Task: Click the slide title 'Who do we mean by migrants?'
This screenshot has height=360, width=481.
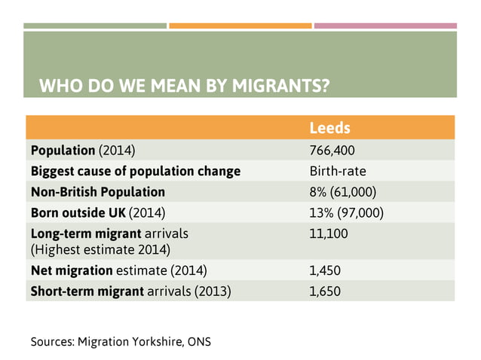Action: [184, 84]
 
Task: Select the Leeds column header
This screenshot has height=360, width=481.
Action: [329, 127]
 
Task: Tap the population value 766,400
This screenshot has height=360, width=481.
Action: [332, 150]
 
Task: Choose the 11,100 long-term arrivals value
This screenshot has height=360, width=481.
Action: [329, 234]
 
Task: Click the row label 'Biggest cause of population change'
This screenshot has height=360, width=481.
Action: [135, 171]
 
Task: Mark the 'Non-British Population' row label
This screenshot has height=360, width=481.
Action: [97, 192]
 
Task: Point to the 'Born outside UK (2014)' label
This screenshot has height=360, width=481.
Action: [97, 213]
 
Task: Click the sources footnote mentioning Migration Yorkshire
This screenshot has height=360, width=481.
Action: [121, 341]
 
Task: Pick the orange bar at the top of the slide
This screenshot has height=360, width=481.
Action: [240, 26]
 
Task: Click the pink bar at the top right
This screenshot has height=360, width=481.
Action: [384, 26]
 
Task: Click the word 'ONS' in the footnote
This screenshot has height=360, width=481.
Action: [199, 341]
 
